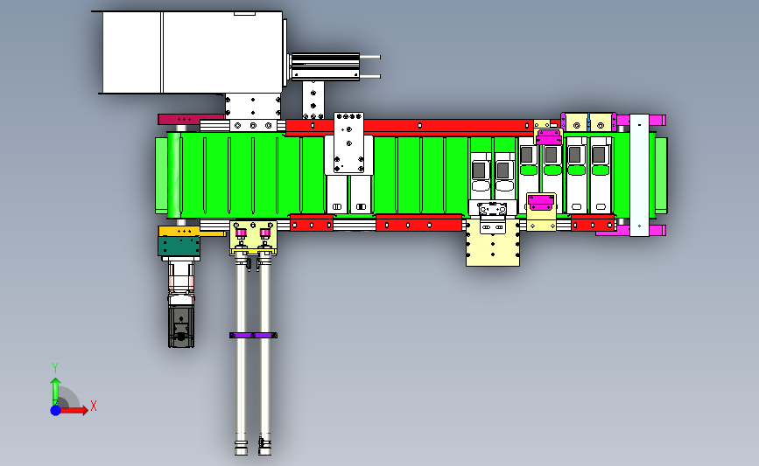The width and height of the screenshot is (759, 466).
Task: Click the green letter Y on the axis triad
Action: coord(55,368)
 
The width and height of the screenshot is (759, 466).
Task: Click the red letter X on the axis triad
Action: coord(94,406)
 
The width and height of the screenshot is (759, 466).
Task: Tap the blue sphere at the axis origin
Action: coord(56,410)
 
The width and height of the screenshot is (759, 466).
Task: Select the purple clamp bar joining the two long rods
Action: coord(253,336)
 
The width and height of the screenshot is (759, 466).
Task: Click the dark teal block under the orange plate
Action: coord(179,246)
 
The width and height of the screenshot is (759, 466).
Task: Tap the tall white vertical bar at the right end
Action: coord(639,176)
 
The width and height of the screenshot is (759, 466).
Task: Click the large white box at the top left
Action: coord(193,52)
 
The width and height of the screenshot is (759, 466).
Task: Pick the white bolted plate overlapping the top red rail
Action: coord(348,143)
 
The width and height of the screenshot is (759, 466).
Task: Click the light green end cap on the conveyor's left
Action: coord(161,176)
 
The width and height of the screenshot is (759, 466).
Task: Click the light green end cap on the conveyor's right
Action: coord(661,176)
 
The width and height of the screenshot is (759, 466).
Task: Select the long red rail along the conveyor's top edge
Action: coord(411,126)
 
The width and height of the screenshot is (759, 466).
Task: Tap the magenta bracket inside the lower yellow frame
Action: coord(541,203)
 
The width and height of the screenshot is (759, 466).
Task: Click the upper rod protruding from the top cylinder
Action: coord(369,57)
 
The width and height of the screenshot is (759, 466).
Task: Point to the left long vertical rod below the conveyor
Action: coord(241,354)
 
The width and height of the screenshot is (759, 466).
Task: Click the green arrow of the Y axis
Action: coord(55,392)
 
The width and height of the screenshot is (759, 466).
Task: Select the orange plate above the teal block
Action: coord(179,231)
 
